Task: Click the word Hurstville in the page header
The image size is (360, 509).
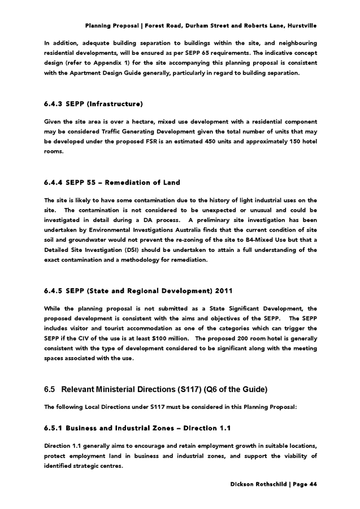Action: [x=302, y=26]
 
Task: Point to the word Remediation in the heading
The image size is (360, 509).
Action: [x=133, y=182]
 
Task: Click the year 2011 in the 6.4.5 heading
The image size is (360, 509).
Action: [x=205, y=291]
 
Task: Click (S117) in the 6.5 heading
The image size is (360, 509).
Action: [x=190, y=390]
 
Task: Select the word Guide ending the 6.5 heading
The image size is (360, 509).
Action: [x=255, y=390]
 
